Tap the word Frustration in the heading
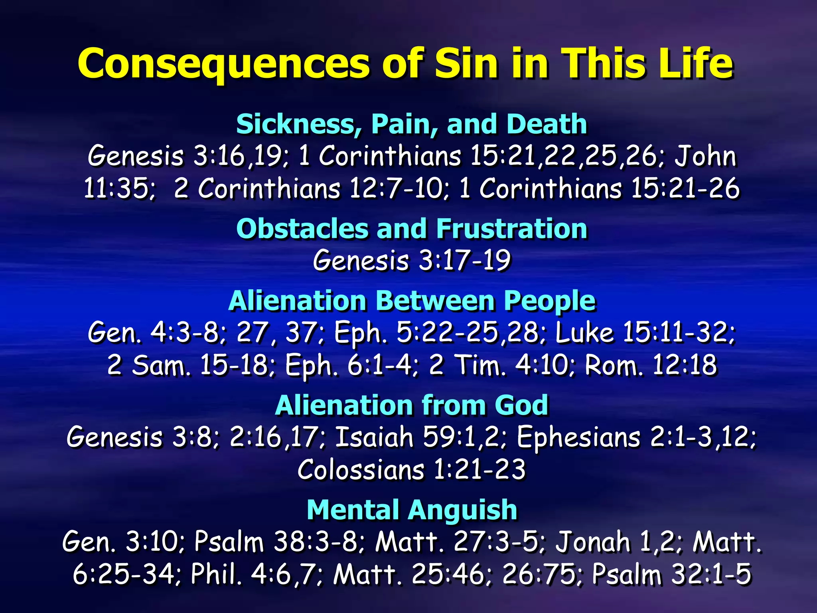(x=511, y=229)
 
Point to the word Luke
(x=584, y=332)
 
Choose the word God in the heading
(x=521, y=405)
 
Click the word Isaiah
(x=374, y=437)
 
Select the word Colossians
(x=361, y=470)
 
